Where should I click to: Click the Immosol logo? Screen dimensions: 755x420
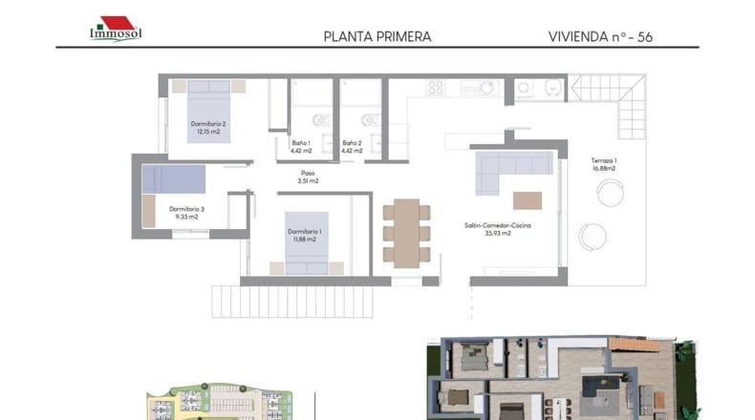pyautogui.click(x=116, y=29)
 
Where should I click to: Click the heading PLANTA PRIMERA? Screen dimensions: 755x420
pyautogui.click(x=377, y=37)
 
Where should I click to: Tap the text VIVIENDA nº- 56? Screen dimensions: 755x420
pyautogui.click(x=600, y=37)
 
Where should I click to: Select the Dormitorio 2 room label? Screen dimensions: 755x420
pyautogui.click(x=208, y=128)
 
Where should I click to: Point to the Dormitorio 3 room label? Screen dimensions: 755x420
pyautogui.click(x=186, y=213)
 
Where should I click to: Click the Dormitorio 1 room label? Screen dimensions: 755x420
pyautogui.click(x=304, y=235)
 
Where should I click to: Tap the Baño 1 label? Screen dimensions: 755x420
pyautogui.click(x=301, y=147)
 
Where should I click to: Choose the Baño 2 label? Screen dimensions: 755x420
pyautogui.click(x=352, y=147)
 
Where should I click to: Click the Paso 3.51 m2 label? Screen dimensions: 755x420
pyautogui.click(x=308, y=177)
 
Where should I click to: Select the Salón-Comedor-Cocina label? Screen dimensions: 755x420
pyautogui.click(x=498, y=229)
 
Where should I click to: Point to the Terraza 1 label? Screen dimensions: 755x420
pyautogui.click(x=604, y=164)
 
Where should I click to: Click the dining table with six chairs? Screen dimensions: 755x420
pyautogui.click(x=407, y=233)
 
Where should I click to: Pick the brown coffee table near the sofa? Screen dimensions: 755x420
pyautogui.click(x=528, y=200)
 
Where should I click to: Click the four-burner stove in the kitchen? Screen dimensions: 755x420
pyautogui.click(x=435, y=88)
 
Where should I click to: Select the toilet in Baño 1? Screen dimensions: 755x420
pyautogui.click(x=321, y=119)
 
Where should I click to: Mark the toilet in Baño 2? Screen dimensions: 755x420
pyautogui.click(x=370, y=119)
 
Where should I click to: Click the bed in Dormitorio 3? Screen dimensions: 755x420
pyautogui.click(x=173, y=178)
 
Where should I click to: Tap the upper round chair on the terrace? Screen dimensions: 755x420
pyautogui.click(x=611, y=193)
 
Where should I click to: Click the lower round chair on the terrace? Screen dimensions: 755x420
pyautogui.click(x=593, y=237)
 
